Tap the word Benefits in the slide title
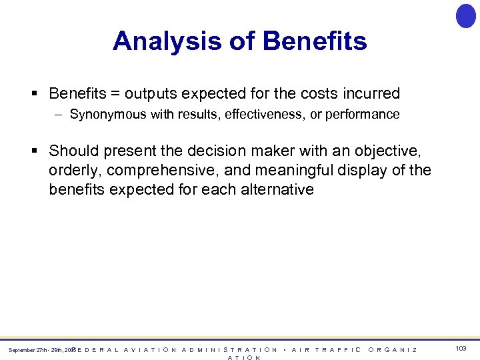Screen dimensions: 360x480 tap(315, 41)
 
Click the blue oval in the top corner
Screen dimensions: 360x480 tap(465, 16)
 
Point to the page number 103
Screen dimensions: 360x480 tap(461, 349)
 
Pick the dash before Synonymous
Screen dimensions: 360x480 tap(59, 115)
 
